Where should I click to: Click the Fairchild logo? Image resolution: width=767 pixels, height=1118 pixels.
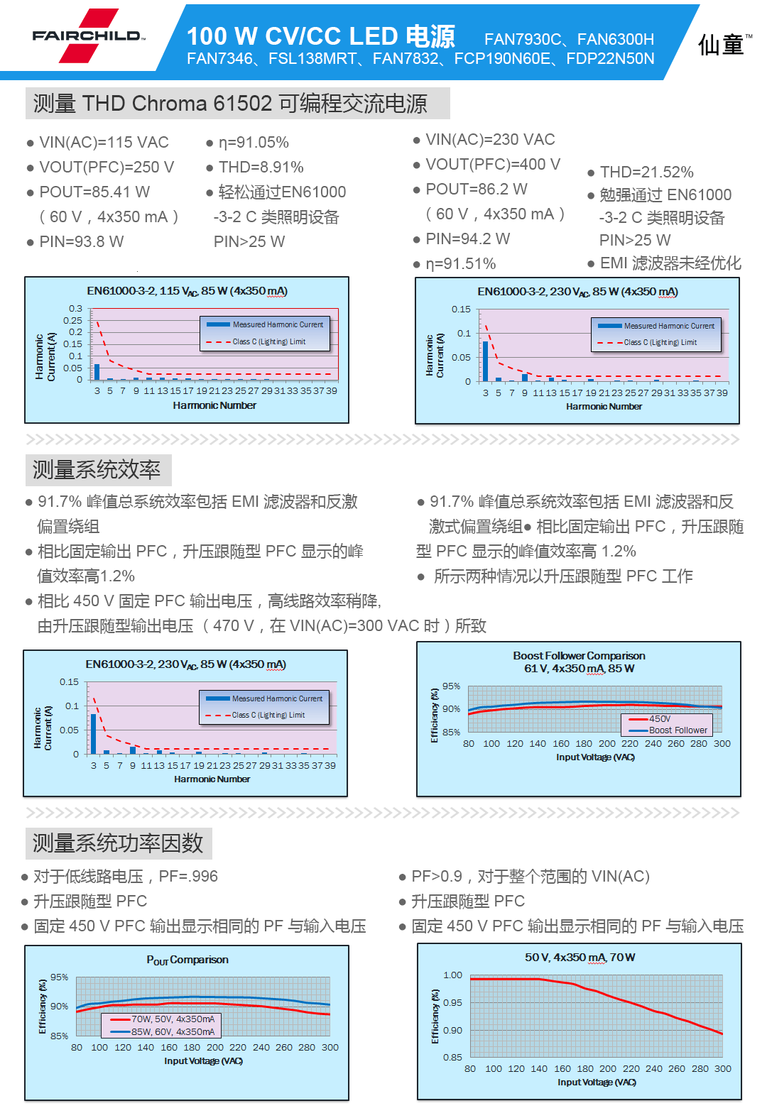88,35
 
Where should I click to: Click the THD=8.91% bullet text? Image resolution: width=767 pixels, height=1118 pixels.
261,168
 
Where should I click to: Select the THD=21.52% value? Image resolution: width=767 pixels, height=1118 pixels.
647,172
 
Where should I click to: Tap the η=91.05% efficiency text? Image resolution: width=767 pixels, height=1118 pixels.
254,143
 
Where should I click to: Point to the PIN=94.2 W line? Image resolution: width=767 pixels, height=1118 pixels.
467,239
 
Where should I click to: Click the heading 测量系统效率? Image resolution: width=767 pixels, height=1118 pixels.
97,470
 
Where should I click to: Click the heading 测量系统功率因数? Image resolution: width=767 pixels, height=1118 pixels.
118,843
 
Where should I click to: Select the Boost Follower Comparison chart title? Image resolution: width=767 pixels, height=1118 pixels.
580,655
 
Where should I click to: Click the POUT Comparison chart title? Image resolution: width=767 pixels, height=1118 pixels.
187,960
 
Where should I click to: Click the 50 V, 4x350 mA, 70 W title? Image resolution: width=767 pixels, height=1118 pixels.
580,958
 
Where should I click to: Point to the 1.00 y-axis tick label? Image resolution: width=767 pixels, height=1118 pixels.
453,975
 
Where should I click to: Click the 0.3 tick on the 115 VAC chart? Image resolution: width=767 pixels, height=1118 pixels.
75,309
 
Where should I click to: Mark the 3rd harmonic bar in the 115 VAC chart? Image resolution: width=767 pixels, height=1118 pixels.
97,372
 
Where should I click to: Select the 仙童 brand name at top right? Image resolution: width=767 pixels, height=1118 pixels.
721,45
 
